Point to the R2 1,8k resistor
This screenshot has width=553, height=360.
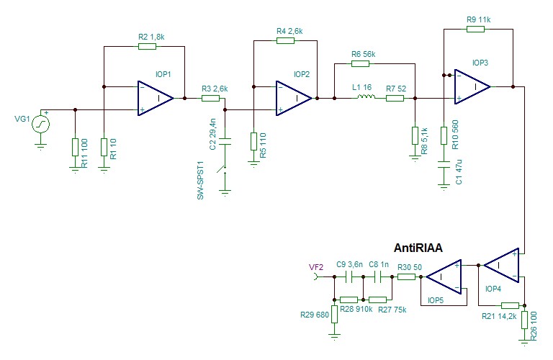pos(147,47)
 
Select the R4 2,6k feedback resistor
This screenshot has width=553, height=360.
pos(285,41)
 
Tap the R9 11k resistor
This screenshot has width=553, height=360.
pos(475,30)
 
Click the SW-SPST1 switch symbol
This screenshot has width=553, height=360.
pos(226,173)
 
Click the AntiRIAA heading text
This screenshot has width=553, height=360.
pos(418,248)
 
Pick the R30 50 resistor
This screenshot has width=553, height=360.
pos(407,276)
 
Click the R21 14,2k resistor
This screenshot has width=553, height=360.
pos(510,305)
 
